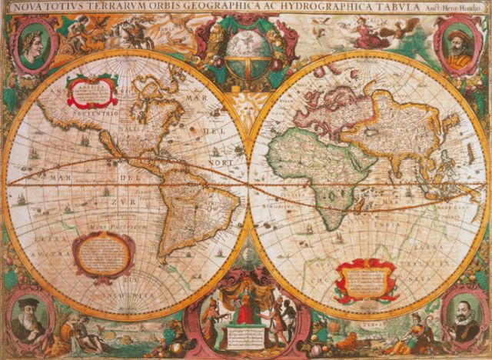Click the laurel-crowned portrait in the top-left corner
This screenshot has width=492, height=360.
[30, 43]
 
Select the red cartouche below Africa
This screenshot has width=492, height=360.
[365, 279]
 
